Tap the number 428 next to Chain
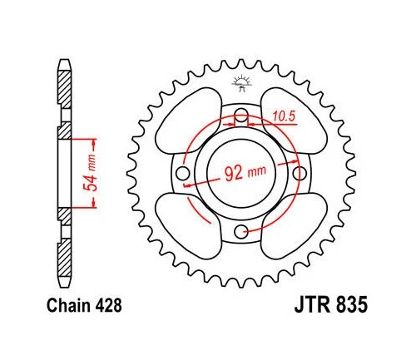[x=111, y=305]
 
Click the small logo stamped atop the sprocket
[x=241, y=81]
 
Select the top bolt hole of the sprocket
[x=241, y=116]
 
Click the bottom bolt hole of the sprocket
[x=241, y=230]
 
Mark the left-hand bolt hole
[x=184, y=173]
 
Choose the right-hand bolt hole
[x=299, y=173]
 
